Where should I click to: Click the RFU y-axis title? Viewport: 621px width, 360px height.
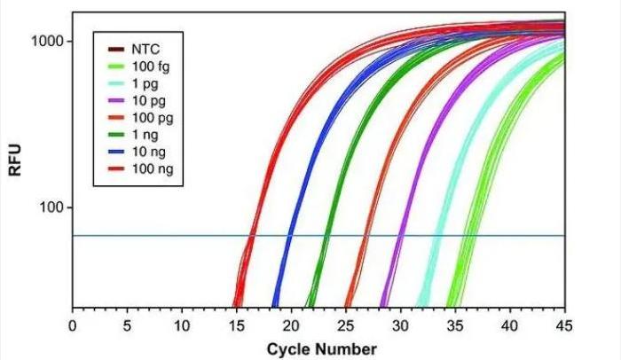15,167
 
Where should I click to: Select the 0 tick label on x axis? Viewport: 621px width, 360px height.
73,324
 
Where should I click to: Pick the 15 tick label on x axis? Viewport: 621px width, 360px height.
236,324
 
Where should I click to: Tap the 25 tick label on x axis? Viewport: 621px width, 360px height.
345,324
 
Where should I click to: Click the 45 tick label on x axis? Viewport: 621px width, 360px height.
563,324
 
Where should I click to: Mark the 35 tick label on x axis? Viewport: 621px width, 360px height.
454,324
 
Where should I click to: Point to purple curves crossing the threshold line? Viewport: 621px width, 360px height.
399,236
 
